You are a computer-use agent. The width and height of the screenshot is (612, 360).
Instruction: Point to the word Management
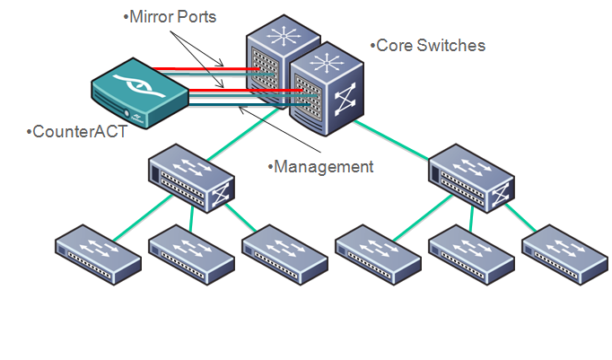click(321, 166)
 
